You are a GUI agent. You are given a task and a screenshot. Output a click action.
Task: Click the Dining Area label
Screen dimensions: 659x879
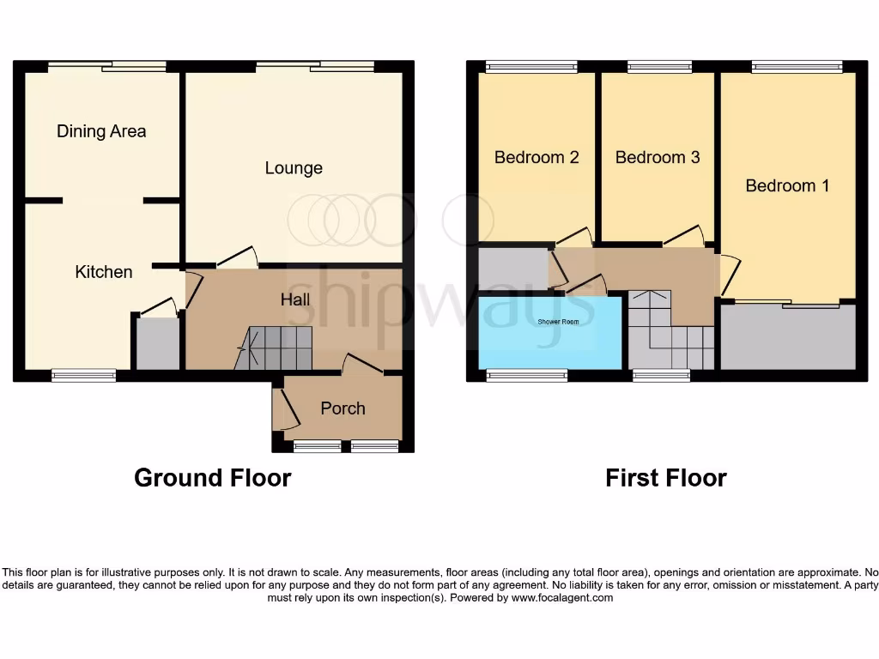click(x=101, y=131)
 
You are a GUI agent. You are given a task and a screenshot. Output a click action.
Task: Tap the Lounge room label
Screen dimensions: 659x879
click(x=294, y=168)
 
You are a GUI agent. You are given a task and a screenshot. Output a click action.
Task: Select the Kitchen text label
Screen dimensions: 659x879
click(x=104, y=272)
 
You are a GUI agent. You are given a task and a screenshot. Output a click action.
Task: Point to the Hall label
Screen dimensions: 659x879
click(x=296, y=299)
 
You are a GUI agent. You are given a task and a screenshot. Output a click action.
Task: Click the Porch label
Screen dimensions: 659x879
click(x=343, y=408)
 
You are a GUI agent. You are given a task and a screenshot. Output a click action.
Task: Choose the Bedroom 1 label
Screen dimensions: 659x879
click(x=787, y=185)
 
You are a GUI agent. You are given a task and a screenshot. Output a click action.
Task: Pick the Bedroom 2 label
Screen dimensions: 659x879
click(x=536, y=157)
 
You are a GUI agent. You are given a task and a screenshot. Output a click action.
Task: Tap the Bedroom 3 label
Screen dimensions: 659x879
click(x=658, y=157)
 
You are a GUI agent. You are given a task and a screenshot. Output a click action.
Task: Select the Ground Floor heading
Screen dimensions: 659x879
click(x=212, y=478)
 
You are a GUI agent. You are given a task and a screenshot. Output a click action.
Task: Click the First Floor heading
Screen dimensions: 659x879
click(x=666, y=478)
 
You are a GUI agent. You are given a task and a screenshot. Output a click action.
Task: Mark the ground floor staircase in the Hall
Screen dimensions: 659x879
click(x=275, y=348)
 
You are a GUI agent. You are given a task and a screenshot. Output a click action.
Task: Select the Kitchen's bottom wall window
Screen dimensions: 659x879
click(x=83, y=375)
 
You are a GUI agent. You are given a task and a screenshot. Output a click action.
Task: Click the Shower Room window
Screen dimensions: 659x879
click(x=527, y=375)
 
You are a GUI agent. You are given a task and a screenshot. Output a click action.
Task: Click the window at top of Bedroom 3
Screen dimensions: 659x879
click(x=659, y=67)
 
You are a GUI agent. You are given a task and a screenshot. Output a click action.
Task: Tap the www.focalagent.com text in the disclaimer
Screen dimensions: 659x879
click(x=562, y=598)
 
